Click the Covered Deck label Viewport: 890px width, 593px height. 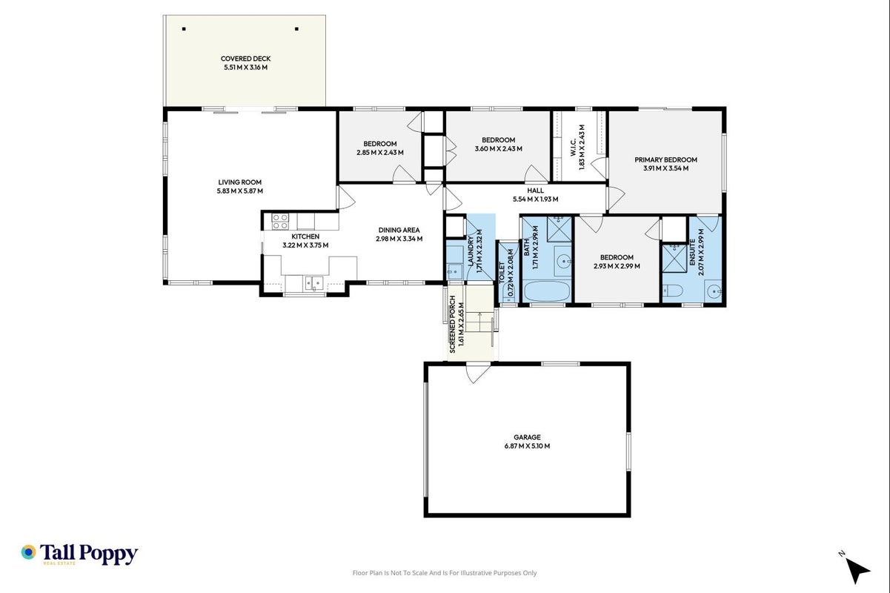[245, 59]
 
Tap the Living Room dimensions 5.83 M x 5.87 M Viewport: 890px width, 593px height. [240, 191]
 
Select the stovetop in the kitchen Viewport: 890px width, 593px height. [280, 222]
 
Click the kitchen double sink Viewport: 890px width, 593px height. [314, 283]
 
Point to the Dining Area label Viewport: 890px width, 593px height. [399, 230]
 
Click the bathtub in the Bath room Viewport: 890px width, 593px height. [546, 291]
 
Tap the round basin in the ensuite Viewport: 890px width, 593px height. [714, 292]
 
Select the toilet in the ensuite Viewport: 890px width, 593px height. [673, 291]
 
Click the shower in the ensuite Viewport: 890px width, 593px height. [674, 258]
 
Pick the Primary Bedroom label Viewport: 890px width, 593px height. [665, 160]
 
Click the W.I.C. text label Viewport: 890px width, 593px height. [574, 148]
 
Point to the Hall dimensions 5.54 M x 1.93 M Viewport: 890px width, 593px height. [535, 199]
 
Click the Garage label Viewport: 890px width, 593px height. [527, 437]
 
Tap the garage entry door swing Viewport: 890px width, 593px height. [478, 374]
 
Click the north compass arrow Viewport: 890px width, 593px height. [857, 570]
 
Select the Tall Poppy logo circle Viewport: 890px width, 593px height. [29, 552]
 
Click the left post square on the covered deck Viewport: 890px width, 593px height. [184, 29]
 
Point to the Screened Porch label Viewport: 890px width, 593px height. [452, 325]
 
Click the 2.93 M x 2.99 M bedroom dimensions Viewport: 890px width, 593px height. [617, 266]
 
